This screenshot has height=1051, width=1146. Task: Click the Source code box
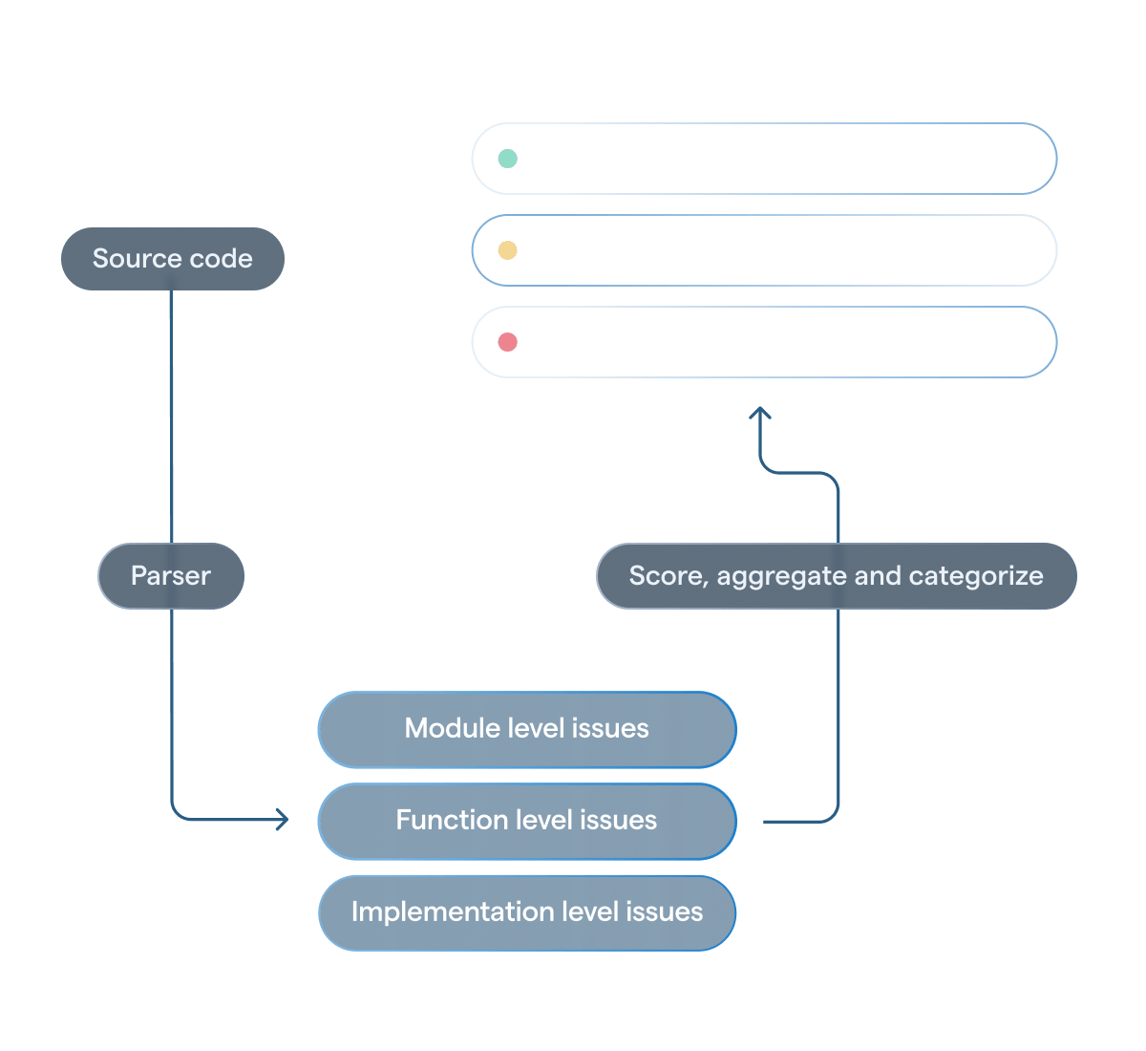pyautogui.click(x=172, y=259)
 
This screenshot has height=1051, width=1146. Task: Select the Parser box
pyautogui.click(x=171, y=576)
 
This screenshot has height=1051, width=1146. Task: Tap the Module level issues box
pyautogui.click(x=526, y=729)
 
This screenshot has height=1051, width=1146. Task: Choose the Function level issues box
pyautogui.click(x=526, y=821)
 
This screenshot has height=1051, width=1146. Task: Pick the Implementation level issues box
pyautogui.click(x=526, y=912)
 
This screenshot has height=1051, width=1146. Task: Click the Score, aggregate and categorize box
pyautogui.click(x=836, y=576)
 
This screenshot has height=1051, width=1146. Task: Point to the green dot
pyautogui.click(x=508, y=159)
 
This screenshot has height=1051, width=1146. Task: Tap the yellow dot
pyautogui.click(x=508, y=250)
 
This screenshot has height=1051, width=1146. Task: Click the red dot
pyautogui.click(x=508, y=342)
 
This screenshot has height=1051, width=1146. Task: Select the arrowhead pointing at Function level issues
pyautogui.click(x=283, y=820)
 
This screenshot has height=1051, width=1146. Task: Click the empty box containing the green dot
pyautogui.click(x=764, y=159)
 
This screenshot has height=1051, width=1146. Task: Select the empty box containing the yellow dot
pyautogui.click(x=764, y=250)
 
